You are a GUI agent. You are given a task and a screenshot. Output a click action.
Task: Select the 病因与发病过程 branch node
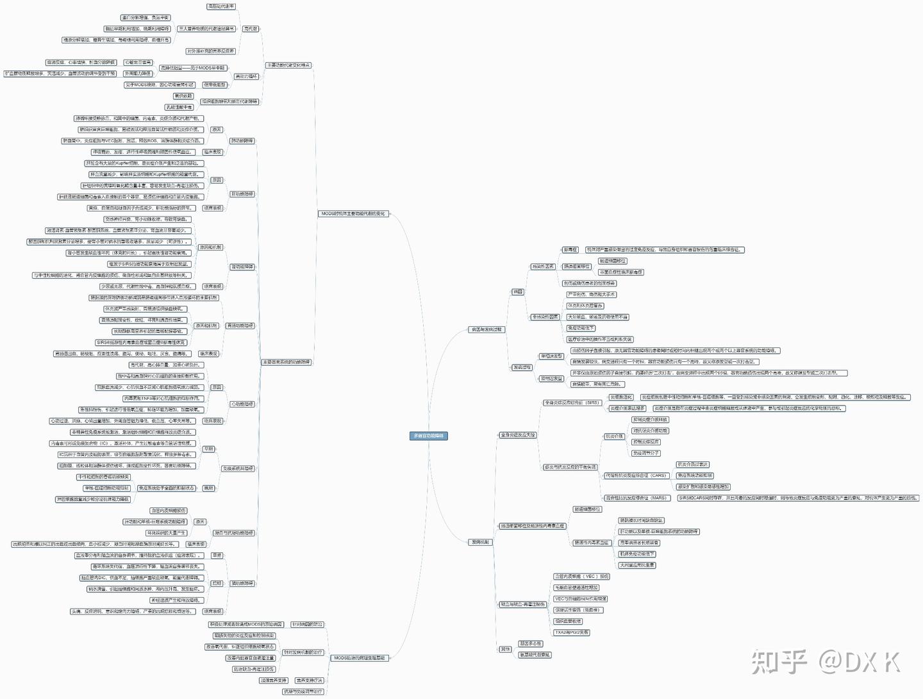click(486, 329)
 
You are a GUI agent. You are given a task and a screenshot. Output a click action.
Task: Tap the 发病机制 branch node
click(480, 542)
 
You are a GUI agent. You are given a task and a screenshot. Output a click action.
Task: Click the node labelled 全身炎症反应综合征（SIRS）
click(572, 402)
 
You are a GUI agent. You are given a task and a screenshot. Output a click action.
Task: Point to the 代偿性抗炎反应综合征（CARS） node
click(636, 475)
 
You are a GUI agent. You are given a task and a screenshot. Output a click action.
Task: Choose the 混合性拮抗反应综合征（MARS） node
click(636, 498)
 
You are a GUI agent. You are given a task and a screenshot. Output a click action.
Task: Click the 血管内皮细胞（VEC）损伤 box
click(582, 577)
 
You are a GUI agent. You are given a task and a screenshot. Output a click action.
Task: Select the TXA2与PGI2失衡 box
click(571, 632)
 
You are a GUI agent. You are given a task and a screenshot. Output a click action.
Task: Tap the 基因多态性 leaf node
click(530, 643)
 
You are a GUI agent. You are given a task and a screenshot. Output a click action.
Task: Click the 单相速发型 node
click(551, 356)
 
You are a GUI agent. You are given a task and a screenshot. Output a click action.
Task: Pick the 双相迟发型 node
click(551, 379)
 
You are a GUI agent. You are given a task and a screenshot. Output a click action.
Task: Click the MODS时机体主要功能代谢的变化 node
click(353, 213)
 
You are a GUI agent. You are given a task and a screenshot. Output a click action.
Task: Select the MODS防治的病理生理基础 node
click(358, 658)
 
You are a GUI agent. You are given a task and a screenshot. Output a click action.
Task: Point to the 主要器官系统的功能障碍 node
click(286, 362)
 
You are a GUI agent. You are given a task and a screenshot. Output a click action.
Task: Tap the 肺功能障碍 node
click(242, 140)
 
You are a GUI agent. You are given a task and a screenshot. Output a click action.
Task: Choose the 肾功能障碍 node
click(242, 267)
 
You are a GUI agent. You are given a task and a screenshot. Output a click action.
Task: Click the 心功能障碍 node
click(242, 404)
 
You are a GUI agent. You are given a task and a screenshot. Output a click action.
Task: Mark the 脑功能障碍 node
click(242, 583)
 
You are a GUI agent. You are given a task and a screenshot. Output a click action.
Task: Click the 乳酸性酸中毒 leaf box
click(179, 107)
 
